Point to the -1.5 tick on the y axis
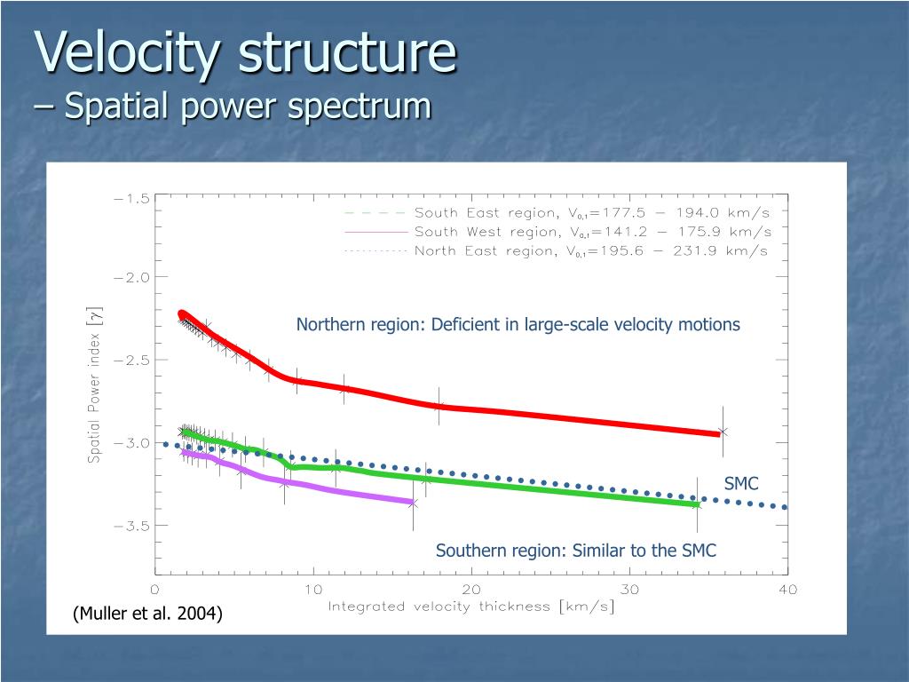tap(131, 199)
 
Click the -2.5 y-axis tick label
tap(131, 360)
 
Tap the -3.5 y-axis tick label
tap(131, 525)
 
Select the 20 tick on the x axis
tap(471, 590)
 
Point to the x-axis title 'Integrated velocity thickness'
tap(470, 607)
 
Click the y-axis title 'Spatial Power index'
tap(94, 384)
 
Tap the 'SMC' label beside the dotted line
tap(741, 484)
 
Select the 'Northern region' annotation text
tap(518, 324)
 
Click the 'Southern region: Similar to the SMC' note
tap(575, 551)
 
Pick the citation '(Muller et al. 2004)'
tap(147, 614)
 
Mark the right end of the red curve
tap(718, 433)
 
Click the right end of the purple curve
tap(412, 503)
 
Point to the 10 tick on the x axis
tap(313, 590)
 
